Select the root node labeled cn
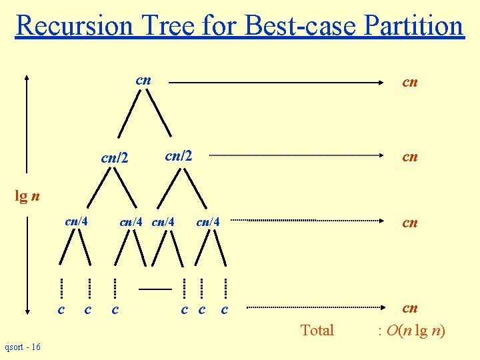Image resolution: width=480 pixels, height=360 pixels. [x=143, y=80]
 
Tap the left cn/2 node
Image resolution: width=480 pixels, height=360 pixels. [x=113, y=159]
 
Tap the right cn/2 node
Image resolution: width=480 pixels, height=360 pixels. [x=178, y=156]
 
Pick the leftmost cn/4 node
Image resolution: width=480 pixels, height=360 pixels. [x=77, y=221]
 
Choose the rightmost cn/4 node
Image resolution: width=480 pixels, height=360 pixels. [x=208, y=221]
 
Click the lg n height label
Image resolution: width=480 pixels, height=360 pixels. [x=27, y=196]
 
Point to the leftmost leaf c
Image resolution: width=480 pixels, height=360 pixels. [x=61, y=309]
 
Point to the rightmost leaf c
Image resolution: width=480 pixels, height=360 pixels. [x=224, y=309]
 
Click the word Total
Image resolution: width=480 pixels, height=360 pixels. [x=317, y=330]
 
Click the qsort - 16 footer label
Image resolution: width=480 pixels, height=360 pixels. [x=22, y=347]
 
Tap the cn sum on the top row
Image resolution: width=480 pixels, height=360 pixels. [x=409, y=82]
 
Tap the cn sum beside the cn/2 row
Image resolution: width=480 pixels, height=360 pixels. [x=409, y=157]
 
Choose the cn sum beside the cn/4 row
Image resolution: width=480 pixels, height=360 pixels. [x=409, y=223]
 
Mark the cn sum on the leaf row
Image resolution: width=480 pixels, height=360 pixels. [x=409, y=308]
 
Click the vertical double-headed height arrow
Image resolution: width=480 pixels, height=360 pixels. [x=27, y=193]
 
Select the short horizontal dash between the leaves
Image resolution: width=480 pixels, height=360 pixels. [x=155, y=289]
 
